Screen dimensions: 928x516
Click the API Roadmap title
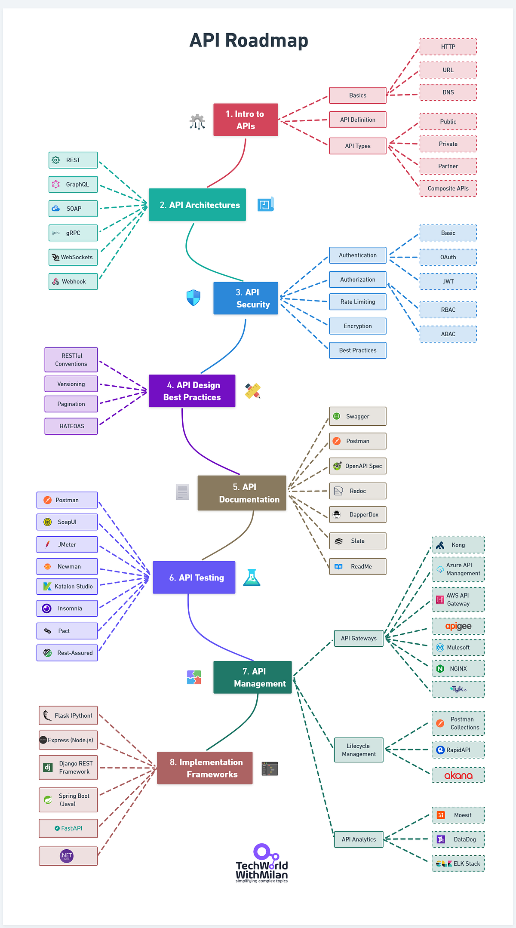[249, 40]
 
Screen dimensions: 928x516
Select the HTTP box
[448, 47]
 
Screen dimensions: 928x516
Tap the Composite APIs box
[448, 188]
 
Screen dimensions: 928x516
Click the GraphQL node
[73, 184]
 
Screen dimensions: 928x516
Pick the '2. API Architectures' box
[197, 205]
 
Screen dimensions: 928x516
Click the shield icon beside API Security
[193, 298]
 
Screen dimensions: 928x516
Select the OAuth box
[448, 257]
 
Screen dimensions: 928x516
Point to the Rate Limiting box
[357, 302]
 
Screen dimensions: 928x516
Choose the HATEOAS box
[71, 426]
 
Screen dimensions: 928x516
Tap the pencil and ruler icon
[253, 390]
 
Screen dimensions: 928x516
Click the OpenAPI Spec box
[357, 466]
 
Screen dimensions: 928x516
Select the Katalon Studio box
[67, 587]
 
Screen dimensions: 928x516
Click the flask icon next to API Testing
[252, 578]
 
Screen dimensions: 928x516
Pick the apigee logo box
[458, 626]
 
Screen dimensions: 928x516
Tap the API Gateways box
[359, 639]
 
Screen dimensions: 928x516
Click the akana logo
[458, 775]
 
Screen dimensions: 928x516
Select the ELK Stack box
[458, 863]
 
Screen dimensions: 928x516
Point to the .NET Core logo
[67, 856]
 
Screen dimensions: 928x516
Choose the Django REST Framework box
[68, 768]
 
